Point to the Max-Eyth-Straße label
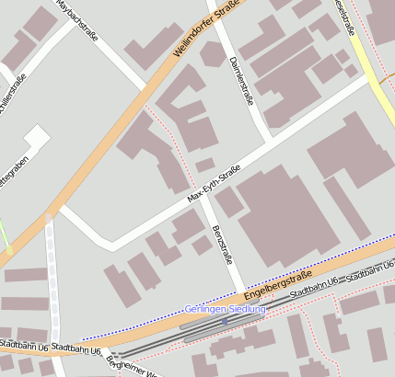click(x=213, y=184)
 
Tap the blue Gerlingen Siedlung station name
click(x=225, y=309)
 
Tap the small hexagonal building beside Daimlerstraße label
click(x=212, y=54)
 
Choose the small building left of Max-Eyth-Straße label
click(x=205, y=165)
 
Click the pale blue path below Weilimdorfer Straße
click(x=51, y=276)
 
